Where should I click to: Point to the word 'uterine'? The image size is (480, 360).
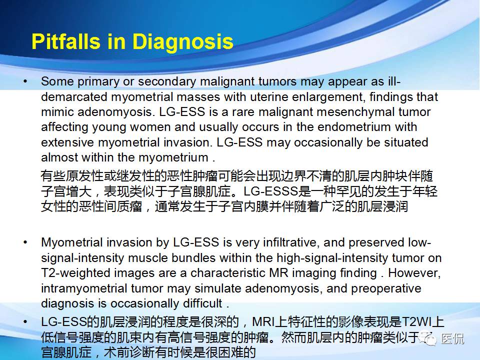pyautogui.click(x=283, y=97)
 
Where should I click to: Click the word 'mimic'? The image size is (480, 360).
pyautogui.click(x=55, y=112)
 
